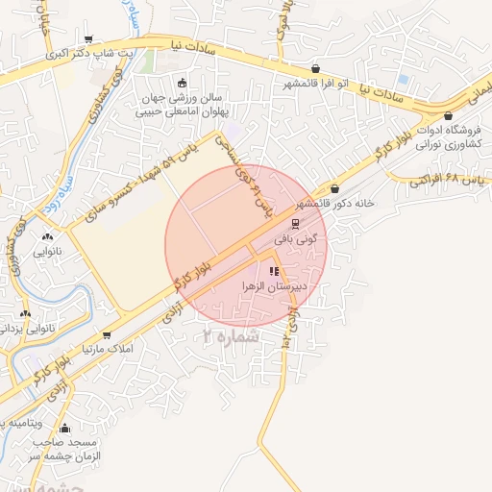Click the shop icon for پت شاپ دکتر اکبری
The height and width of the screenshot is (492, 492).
89,39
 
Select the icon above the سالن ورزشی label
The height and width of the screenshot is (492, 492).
183,83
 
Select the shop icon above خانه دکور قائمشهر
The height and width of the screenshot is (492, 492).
334,188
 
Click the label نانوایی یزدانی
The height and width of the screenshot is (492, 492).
26,330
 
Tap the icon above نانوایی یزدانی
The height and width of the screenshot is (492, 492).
26,312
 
